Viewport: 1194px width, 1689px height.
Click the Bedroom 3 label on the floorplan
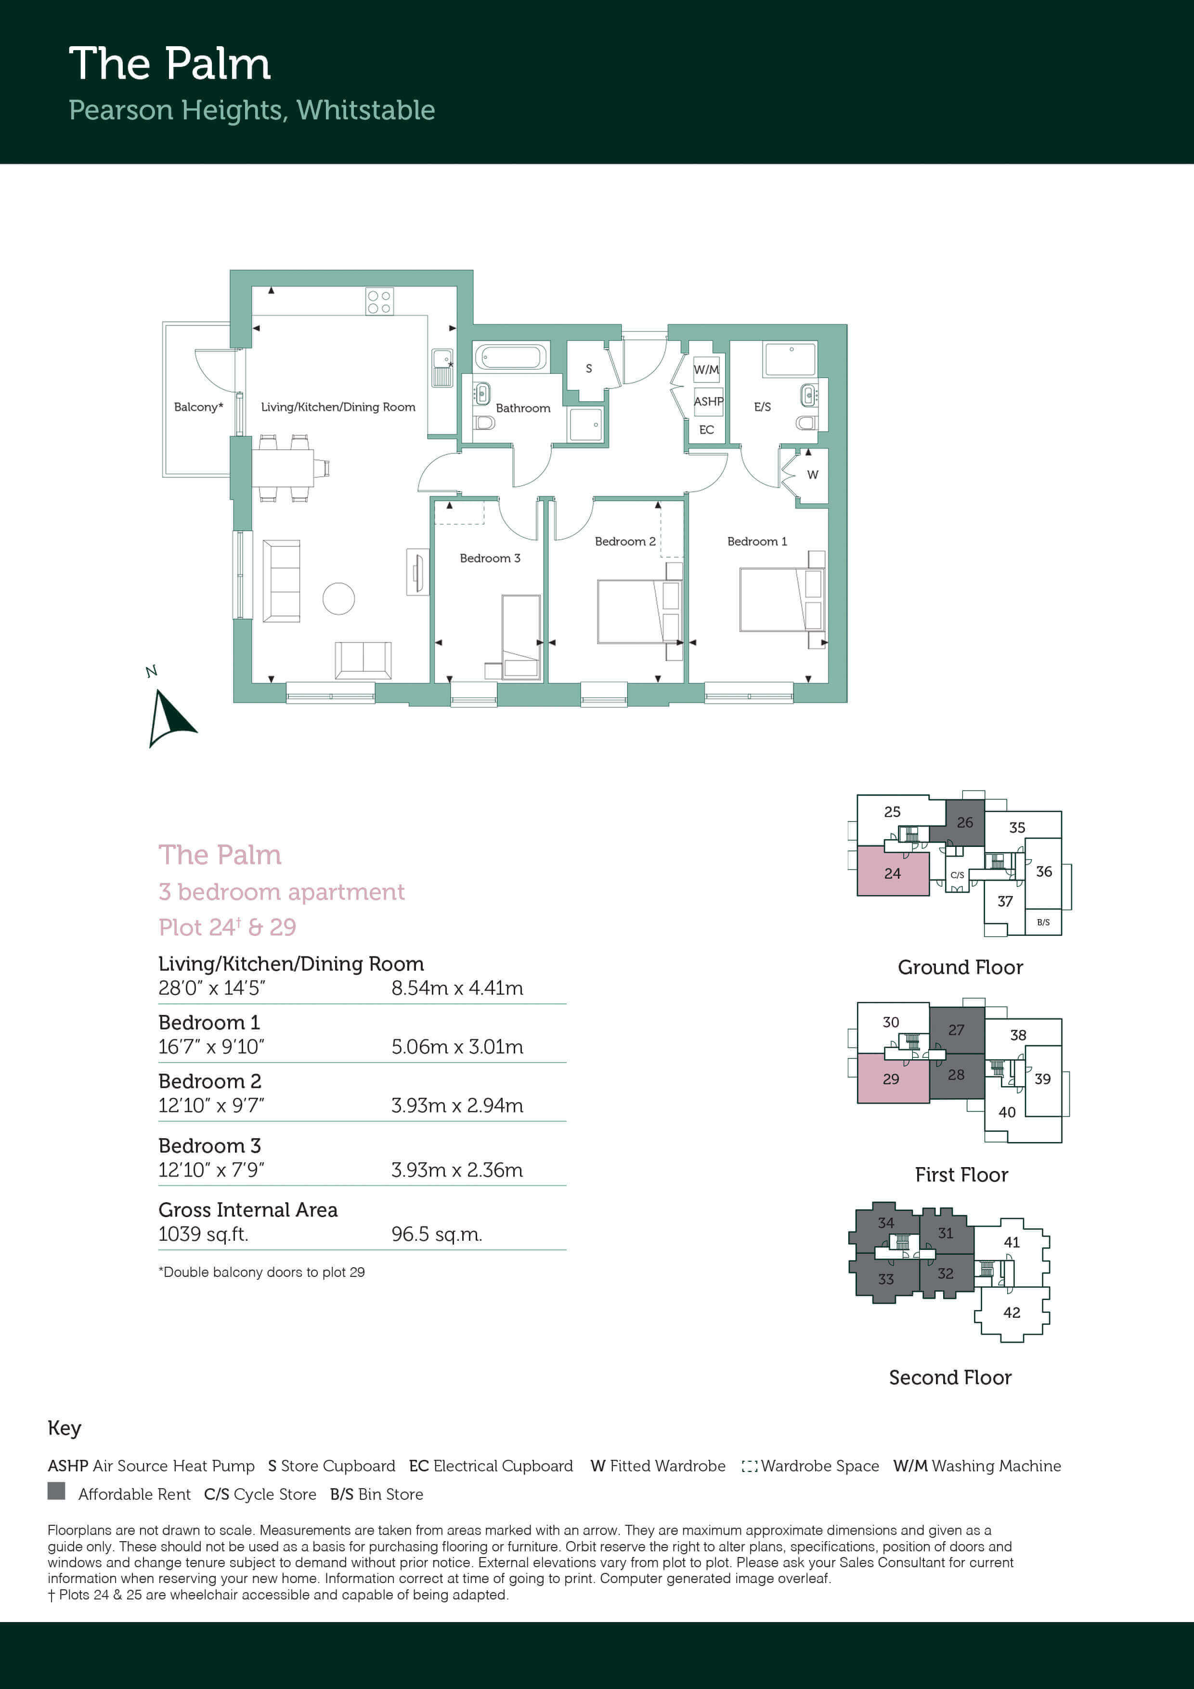(490, 559)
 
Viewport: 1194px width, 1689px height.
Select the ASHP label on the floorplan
(708, 401)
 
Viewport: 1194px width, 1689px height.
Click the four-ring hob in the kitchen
(379, 301)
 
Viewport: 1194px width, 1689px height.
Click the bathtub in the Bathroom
(511, 358)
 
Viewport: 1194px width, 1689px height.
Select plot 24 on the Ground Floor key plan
(893, 872)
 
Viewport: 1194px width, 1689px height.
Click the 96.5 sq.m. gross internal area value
(437, 1234)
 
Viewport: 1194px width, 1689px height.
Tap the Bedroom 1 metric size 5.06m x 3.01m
(457, 1047)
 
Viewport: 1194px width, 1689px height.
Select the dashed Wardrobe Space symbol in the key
(750, 1466)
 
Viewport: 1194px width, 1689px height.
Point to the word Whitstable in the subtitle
(365, 110)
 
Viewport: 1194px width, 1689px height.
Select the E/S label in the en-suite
(762, 407)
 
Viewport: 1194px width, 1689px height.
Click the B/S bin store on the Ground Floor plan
(1043, 922)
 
